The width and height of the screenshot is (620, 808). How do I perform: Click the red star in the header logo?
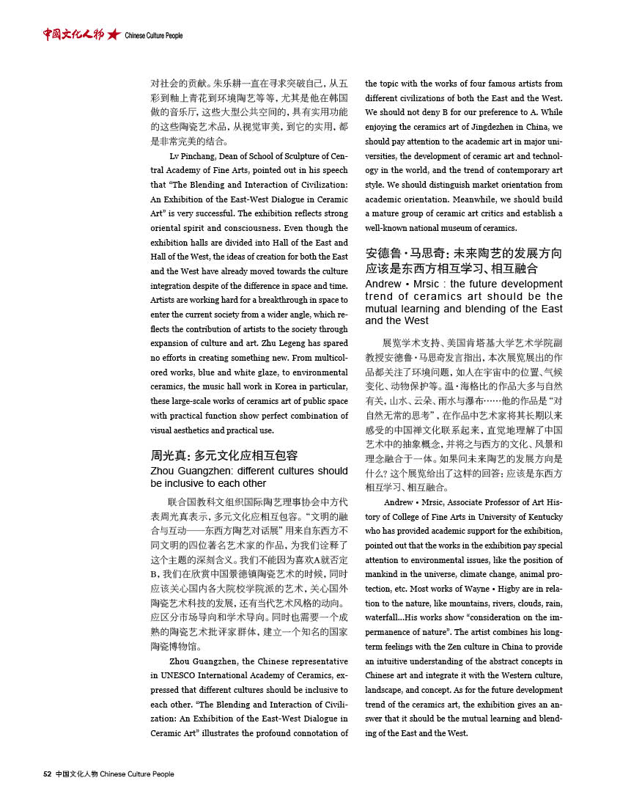click(113, 35)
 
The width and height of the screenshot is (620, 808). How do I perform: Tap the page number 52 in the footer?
click(47, 775)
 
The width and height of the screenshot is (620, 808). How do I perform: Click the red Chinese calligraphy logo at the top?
click(73, 34)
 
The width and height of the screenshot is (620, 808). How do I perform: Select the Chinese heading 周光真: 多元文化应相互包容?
click(224, 455)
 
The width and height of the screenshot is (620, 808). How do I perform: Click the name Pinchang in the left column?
click(194, 155)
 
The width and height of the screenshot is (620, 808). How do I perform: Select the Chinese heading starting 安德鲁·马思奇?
click(464, 261)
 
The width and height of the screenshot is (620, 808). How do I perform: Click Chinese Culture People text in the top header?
click(154, 36)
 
